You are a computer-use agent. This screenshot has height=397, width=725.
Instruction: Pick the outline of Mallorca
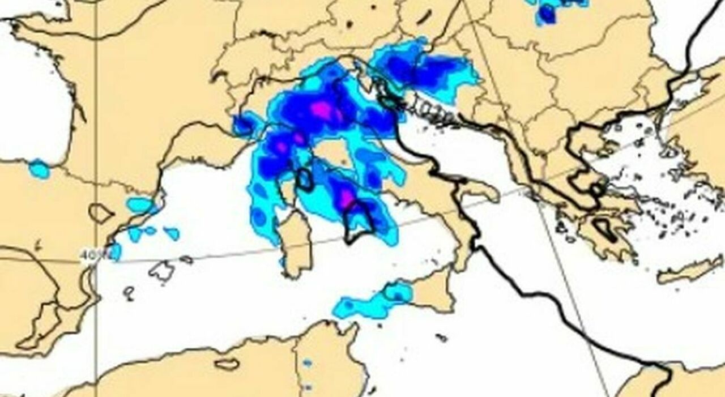162,271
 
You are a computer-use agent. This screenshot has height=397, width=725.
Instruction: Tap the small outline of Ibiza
130,292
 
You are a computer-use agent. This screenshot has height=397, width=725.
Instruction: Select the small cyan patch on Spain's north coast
39,169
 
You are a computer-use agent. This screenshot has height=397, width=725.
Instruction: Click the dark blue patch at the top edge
547,14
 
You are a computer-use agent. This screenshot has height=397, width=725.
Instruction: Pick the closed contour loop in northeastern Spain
101,213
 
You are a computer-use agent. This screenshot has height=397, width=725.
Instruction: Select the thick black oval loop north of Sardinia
305,178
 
